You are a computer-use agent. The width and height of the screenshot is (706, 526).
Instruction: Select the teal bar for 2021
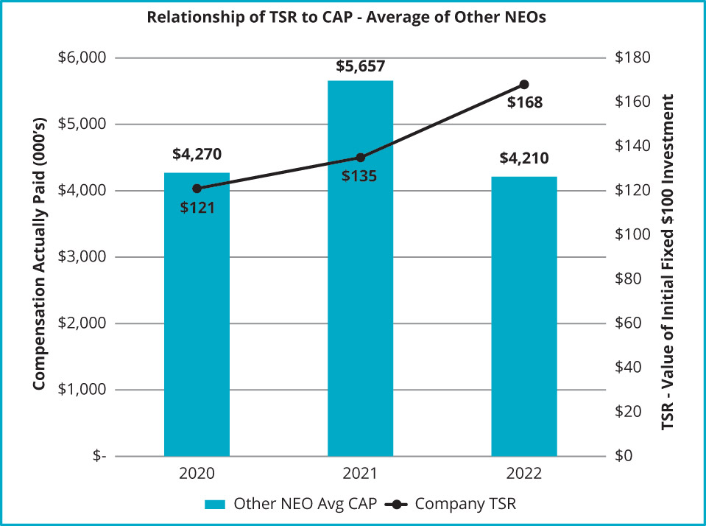[x=360, y=268]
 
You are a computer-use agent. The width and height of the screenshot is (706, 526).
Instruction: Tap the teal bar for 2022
[x=523, y=316]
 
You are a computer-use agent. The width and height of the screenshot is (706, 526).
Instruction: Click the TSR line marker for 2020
[x=197, y=189]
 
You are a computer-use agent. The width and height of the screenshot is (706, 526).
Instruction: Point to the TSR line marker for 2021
[x=361, y=158]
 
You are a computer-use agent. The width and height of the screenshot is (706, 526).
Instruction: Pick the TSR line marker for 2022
[x=524, y=84]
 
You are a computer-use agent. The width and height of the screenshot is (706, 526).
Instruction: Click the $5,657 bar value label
[x=361, y=66]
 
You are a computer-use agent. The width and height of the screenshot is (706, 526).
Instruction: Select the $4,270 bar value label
[x=197, y=155]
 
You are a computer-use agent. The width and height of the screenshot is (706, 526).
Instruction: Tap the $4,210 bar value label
[x=523, y=158]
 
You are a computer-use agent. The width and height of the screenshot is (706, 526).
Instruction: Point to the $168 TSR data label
[x=525, y=103]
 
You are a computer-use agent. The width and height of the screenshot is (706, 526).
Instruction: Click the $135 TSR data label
[x=361, y=177]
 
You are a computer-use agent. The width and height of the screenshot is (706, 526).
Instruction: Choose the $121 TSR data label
[x=197, y=208]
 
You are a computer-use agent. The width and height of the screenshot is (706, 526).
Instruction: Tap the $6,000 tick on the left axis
[x=82, y=58]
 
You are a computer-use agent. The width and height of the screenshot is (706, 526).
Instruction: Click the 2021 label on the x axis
[x=361, y=473]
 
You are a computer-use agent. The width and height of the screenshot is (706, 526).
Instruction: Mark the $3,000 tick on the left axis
[x=82, y=257]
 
